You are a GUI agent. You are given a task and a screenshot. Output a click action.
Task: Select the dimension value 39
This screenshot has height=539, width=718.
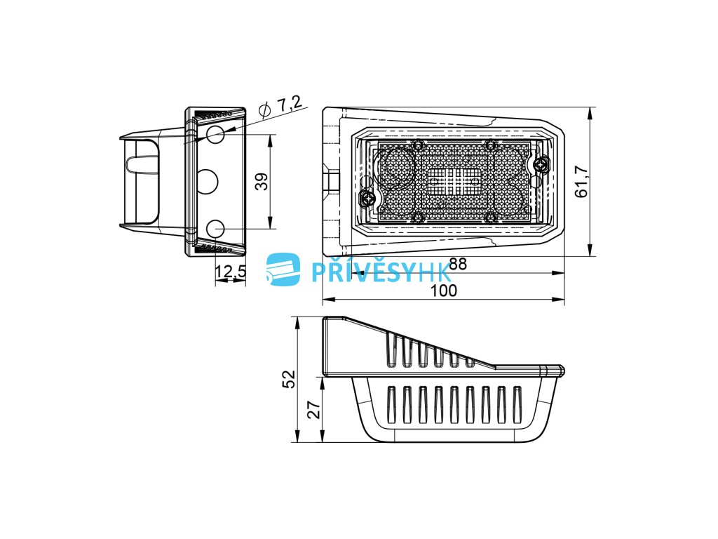(260, 182)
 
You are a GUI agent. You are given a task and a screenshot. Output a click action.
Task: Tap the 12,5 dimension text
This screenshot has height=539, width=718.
(230, 272)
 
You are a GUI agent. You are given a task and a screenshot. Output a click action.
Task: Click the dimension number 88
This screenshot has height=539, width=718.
(458, 265)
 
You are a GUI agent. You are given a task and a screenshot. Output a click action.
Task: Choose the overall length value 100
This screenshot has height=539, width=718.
(443, 291)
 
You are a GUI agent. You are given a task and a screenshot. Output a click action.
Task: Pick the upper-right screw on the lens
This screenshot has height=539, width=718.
(541, 165)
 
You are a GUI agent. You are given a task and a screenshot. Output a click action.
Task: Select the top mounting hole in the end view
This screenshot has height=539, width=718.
(216, 134)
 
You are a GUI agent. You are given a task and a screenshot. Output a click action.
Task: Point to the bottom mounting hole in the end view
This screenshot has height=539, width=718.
(216, 228)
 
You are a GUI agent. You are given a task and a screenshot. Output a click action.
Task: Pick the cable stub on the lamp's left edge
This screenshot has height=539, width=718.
(330, 180)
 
